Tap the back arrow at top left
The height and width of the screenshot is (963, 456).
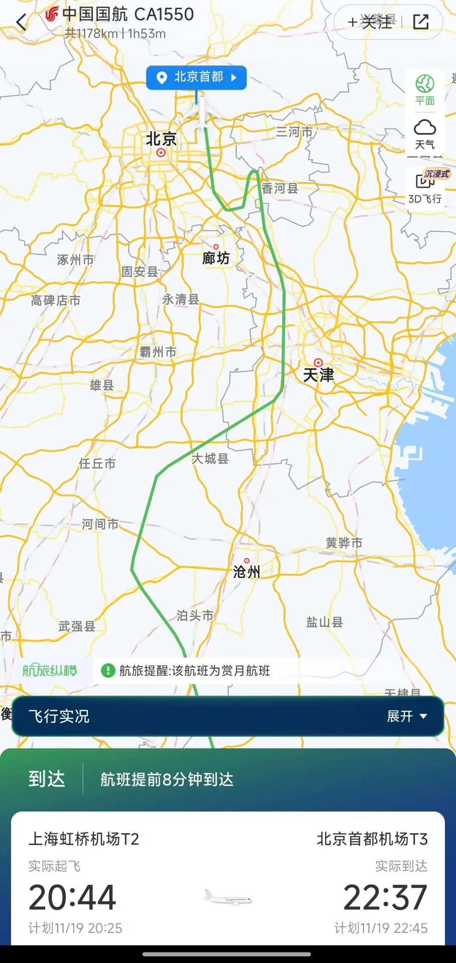coord(22,23)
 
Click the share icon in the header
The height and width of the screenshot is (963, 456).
coord(421,22)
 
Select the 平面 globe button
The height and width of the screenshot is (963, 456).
coord(424,89)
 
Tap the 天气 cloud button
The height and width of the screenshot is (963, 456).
coord(424,133)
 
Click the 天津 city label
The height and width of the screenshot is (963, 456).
coord(318,375)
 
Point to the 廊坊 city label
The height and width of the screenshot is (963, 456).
coord(216,258)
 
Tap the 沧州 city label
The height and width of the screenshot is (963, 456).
coord(247,572)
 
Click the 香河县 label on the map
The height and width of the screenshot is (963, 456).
coord(280,188)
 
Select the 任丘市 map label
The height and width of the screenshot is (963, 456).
coord(97,463)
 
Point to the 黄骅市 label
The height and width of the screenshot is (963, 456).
coord(344,543)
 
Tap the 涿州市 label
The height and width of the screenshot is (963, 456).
coord(75,260)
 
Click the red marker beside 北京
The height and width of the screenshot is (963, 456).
coord(161,152)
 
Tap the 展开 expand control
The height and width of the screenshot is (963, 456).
coord(407,716)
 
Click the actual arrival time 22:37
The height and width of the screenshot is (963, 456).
coord(385,897)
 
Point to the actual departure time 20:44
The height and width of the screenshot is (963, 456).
coord(72,897)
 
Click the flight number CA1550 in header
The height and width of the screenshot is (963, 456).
coord(164,15)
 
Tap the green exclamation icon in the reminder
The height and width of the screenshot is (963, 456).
coord(108,671)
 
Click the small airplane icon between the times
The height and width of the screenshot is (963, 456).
coord(228,897)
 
